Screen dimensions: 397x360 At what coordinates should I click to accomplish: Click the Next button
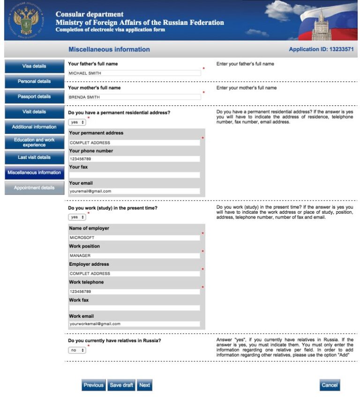coord(145,385)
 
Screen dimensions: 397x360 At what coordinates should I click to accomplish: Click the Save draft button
coord(121,385)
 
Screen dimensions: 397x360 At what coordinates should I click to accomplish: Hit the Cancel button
coord(330,385)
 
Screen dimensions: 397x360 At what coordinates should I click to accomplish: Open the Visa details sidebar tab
coord(34,66)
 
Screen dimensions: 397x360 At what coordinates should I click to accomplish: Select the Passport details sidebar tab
coord(34,97)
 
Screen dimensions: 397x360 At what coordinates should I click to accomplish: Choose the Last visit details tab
coord(34,157)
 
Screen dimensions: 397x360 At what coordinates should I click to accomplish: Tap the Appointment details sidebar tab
coord(34,188)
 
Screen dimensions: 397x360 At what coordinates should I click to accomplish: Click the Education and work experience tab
coord(34,142)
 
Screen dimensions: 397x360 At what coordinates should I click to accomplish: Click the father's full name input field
coord(135,73)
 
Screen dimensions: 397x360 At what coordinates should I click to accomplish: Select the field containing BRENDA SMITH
coord(135,97)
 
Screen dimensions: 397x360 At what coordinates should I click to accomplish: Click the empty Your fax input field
coord(135,175)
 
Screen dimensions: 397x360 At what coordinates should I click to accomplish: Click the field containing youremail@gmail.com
coord(135,191)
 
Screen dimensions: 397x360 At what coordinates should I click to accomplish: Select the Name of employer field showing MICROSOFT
coord(135,238)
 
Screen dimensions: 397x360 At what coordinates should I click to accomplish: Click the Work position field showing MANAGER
coord(135,255)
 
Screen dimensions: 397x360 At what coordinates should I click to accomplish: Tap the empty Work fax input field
coord(135,308)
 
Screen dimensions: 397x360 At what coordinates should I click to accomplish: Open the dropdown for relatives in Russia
coord(77,350)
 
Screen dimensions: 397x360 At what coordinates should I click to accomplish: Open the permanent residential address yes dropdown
coord(77,122)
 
